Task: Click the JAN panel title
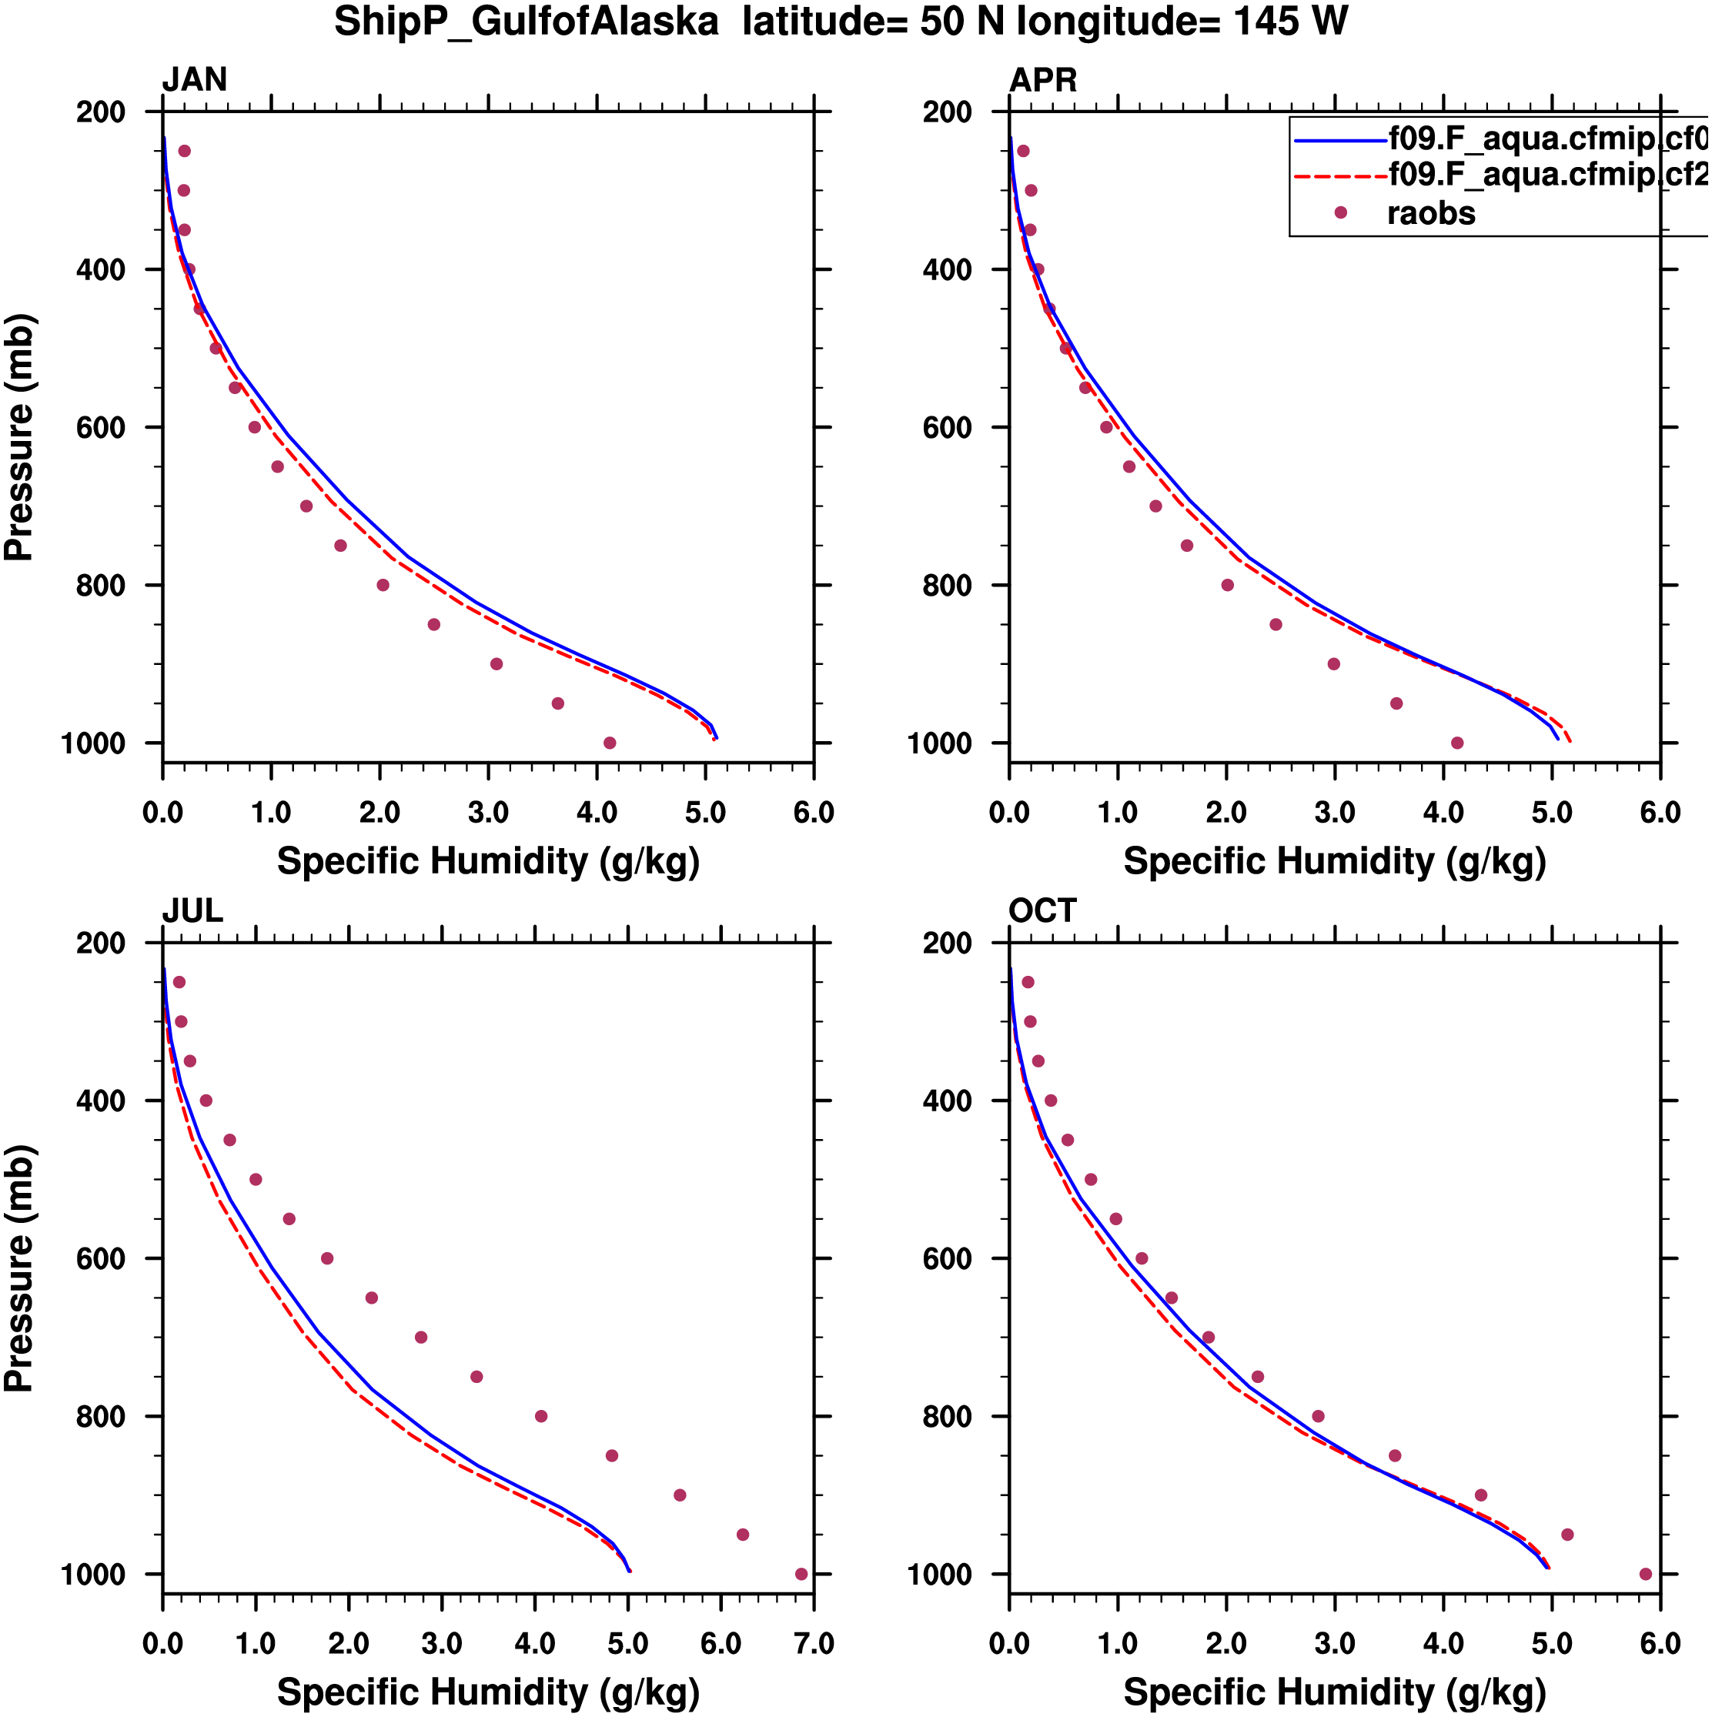tap(194, 80)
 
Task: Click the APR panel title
tap(1042, 80)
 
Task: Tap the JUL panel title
tap(192, 911)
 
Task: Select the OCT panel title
tap(1042, 911)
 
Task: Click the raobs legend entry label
tap(1431, 213)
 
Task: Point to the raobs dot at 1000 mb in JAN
tap(610, 743)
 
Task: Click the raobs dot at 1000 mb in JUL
tap(801, 1574)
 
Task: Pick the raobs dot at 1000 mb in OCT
tap(1645, 1574)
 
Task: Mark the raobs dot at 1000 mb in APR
tap(1457, 743)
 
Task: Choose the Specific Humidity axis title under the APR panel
tap(1334, 861)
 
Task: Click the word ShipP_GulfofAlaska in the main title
tap(527, 22)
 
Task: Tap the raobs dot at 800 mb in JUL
tap(541, 1417)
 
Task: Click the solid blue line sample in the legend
tap(1339, 139)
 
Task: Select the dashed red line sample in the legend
tap(1339, 176)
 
